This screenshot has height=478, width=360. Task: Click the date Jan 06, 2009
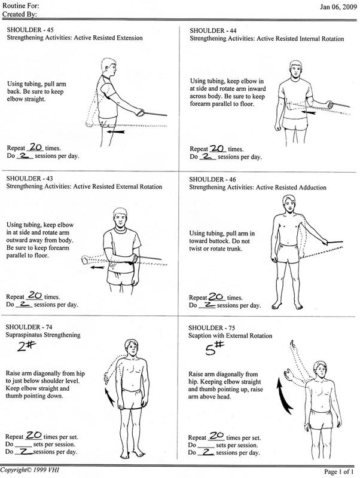pos(338,7)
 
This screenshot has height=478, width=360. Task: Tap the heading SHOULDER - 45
pos(30,30)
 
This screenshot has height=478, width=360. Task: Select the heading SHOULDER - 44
pos(213,31)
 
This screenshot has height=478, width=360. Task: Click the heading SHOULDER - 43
pos(29,179)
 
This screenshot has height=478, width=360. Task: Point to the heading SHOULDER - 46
pos(212,180)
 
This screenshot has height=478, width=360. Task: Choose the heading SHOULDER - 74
pos(29,327)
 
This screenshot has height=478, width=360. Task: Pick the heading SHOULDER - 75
pos(212,328)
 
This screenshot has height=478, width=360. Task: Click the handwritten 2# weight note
pos(26,346)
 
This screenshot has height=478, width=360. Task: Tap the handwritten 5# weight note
pos(215,348)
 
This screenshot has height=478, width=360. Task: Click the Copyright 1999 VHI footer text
pos(29,470)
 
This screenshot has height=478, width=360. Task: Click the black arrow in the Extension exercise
pos(115,131)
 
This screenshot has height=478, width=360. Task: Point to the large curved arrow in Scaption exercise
pos(283,396)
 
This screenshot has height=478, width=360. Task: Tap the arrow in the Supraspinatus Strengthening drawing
pos(109,397)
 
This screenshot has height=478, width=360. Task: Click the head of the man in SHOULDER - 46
pos(289,204)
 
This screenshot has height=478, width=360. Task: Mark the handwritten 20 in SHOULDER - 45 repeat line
pos(36,147)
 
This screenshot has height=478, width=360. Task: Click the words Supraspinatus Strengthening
pos(43,335)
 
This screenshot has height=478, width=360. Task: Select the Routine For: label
pos(21,5)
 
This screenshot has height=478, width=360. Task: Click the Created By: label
pos(20,14)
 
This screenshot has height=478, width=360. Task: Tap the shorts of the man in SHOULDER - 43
pos(121,276)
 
